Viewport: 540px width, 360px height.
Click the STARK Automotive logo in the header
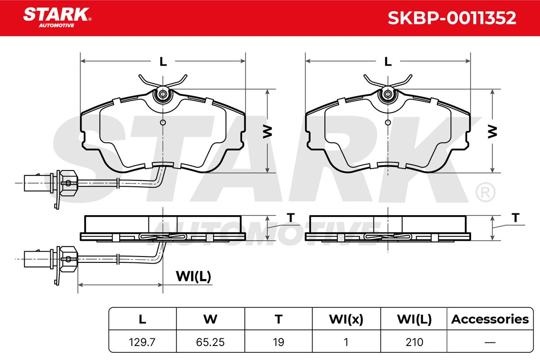(57, 18)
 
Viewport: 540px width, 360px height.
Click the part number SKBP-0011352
(452, 18)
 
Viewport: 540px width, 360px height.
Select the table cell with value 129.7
(142, 342)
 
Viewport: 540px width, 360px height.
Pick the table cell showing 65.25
(210, 342)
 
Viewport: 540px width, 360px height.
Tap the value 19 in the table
(279, 342)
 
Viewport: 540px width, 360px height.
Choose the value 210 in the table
(414, 342)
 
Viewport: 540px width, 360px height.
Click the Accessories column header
(490, 319)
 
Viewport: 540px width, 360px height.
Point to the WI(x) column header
(346, 319)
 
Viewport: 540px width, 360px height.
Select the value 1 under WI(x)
(346, 342)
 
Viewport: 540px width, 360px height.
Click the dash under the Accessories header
(490, 342)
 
